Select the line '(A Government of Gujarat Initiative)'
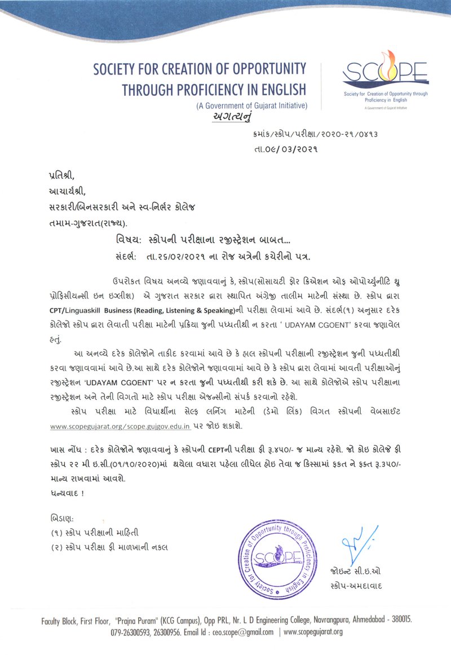(x=251, y=105)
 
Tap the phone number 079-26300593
(x=131, y=632)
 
